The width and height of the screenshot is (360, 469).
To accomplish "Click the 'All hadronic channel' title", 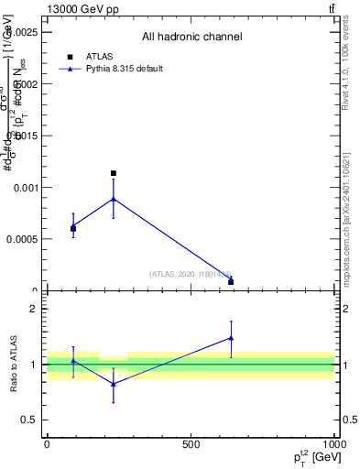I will pos(191,38).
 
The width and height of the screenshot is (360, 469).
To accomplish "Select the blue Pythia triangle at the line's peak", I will pos(114,199).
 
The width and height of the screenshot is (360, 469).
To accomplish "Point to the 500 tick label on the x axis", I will pos(191,444).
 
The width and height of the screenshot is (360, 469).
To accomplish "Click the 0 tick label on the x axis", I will pos(47,444).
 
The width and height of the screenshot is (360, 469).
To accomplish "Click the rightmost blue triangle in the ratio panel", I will pos(231,338).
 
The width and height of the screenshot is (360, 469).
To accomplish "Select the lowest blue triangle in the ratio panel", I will pos(114,384).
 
